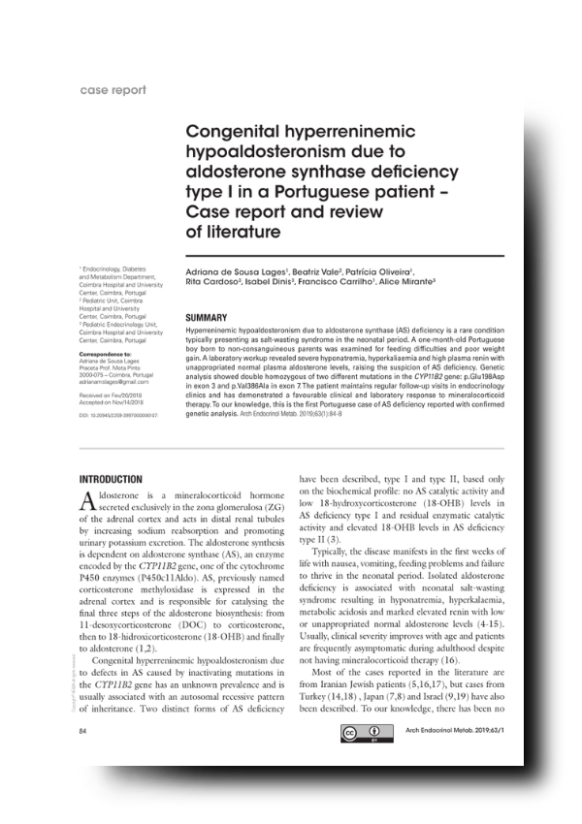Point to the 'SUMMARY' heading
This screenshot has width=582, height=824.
(206, 317)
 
